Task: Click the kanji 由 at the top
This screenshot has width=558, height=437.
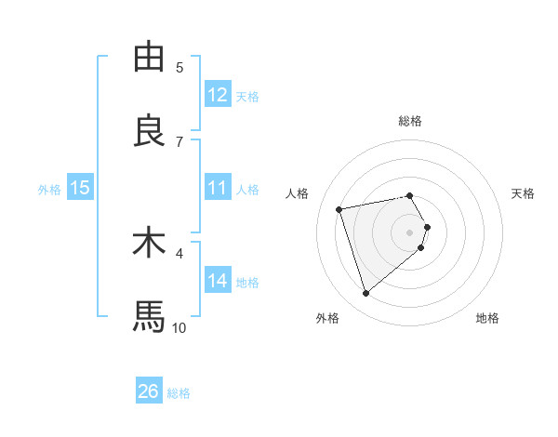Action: pos(149,59)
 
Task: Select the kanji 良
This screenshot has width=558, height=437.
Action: pos(149,131)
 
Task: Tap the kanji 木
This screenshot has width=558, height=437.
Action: pos(149,244)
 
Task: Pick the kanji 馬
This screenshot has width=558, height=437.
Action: pos(149,317)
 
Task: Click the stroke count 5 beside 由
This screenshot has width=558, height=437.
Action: pos(179,67)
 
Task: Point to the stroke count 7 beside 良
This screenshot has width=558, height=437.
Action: pos(179,141)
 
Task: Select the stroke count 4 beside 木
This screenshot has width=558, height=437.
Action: pos(179,252)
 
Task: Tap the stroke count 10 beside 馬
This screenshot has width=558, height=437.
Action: pos(179,327)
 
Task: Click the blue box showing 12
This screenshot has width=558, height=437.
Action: pos(218,95)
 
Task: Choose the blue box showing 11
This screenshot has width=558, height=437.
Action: pos(218,188)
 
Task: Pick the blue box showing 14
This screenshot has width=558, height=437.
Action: pos(218,281)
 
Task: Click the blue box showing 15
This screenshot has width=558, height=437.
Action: pos(80,188)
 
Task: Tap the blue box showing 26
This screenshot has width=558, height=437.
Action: pos(149,391)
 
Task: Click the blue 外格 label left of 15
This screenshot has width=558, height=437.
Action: pos(49,190)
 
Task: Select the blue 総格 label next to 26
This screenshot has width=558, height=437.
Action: pos(179,393)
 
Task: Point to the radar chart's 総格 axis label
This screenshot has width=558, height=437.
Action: pos(410,121)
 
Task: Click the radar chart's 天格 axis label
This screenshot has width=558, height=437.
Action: pos(524,193)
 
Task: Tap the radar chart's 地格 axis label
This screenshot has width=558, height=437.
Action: pos(487,319)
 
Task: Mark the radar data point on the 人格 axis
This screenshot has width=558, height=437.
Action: pos(339,208)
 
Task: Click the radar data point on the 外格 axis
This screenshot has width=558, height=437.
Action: pos(366,293)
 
